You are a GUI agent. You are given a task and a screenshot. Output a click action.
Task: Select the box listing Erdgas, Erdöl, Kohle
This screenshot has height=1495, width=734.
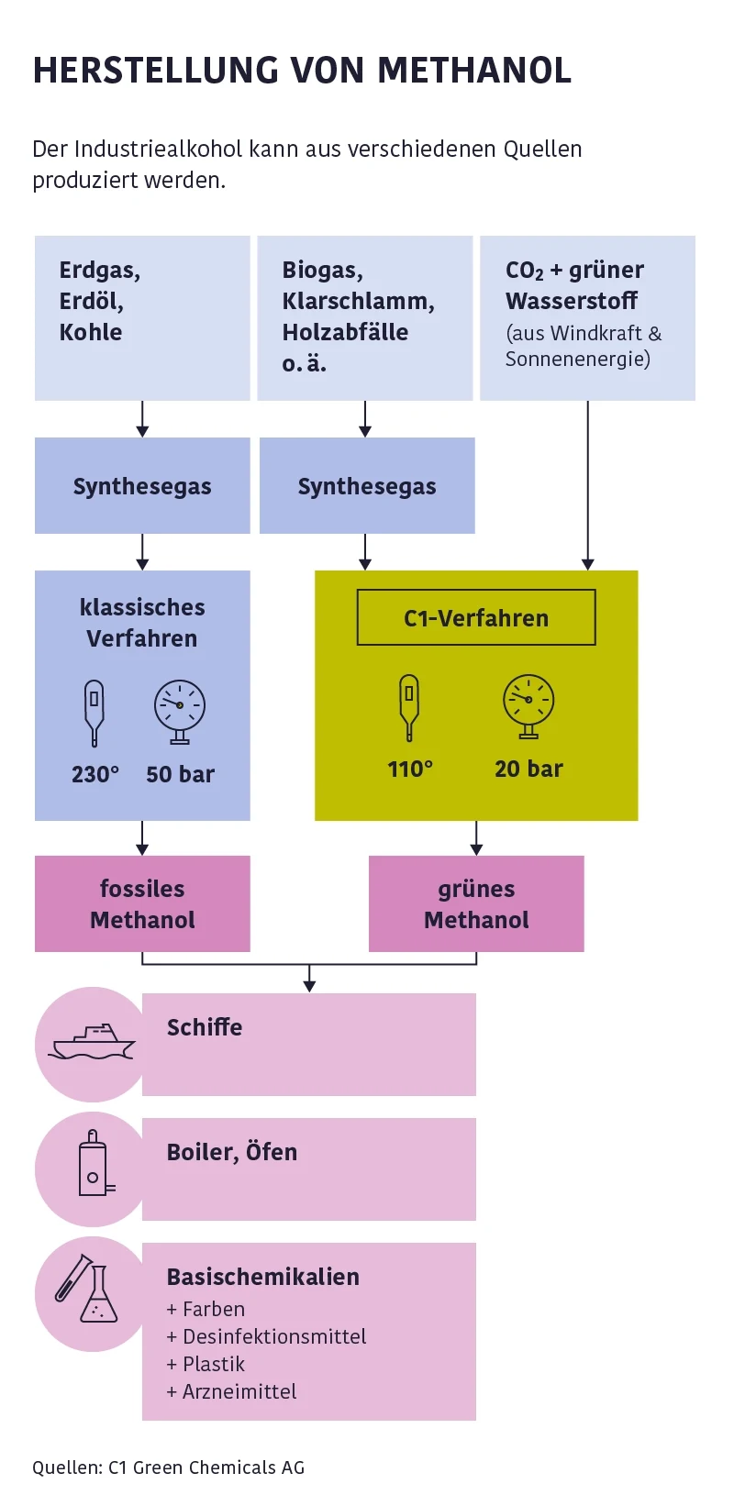pos(142,317)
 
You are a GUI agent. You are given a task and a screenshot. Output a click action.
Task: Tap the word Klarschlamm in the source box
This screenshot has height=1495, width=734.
pos(358,301)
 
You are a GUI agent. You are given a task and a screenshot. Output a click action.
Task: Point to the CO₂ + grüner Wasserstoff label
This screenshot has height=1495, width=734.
pos(574,285)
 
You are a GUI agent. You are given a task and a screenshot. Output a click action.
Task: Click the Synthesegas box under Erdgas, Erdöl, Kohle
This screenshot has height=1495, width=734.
pos(142,486)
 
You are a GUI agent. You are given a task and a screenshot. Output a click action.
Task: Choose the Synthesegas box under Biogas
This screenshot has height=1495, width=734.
pos(367,486)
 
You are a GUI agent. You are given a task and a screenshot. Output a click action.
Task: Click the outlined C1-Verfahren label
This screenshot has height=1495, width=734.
pos(476,617)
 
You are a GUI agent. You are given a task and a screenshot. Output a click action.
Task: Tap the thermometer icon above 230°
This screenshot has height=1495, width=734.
pos(94,712)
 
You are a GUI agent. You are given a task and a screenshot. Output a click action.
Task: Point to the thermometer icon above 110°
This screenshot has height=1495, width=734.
pos(409,706)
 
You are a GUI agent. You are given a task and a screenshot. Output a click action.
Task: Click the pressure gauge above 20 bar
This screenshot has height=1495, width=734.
pos(528,705)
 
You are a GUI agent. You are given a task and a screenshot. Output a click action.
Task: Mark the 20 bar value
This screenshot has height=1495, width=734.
pos(528,769)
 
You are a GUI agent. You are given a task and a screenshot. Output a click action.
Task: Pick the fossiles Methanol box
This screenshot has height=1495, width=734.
pos(142,903)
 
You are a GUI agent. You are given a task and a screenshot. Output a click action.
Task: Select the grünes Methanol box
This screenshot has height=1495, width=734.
pos(476,903)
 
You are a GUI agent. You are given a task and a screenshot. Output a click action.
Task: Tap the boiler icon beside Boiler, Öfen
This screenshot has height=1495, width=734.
pos(93,1168)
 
